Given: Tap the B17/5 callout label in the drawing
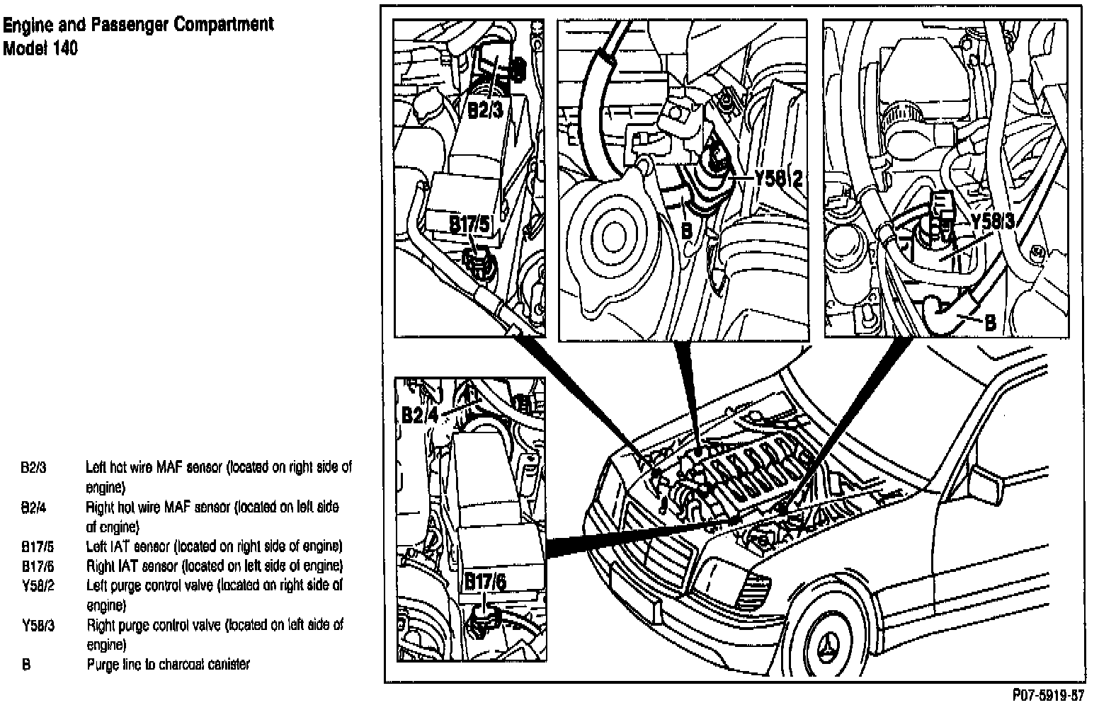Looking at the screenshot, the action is point(470,224).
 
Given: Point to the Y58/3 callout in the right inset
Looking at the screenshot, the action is point(993,222).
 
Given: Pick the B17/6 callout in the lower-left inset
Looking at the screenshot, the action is point(486,581).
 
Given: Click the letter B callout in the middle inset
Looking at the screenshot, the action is point(686,230).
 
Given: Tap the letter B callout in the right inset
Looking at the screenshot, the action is point(990,323).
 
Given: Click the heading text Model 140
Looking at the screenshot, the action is point(40,49).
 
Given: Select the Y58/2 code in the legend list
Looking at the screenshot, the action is point(35,586).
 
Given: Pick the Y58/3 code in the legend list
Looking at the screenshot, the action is point(35,626).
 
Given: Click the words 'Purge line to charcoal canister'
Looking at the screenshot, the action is point(168,665).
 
